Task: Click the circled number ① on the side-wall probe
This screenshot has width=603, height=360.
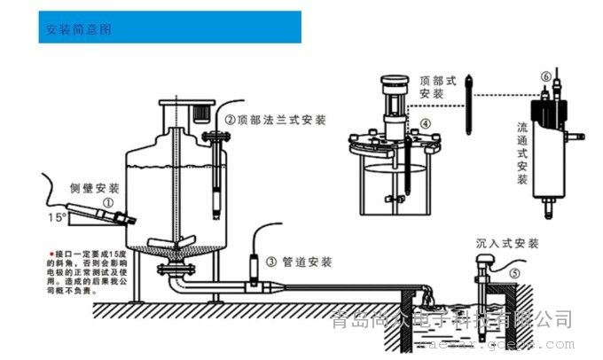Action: [x=108, y=203]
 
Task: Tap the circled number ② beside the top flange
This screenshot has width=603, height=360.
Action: [x=230, y=119]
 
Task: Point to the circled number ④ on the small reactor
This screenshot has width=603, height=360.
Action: [x=426, y=123]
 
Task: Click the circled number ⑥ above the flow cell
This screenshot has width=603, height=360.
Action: [x=544, y=77]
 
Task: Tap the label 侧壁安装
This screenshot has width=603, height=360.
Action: [x=95, y=188]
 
